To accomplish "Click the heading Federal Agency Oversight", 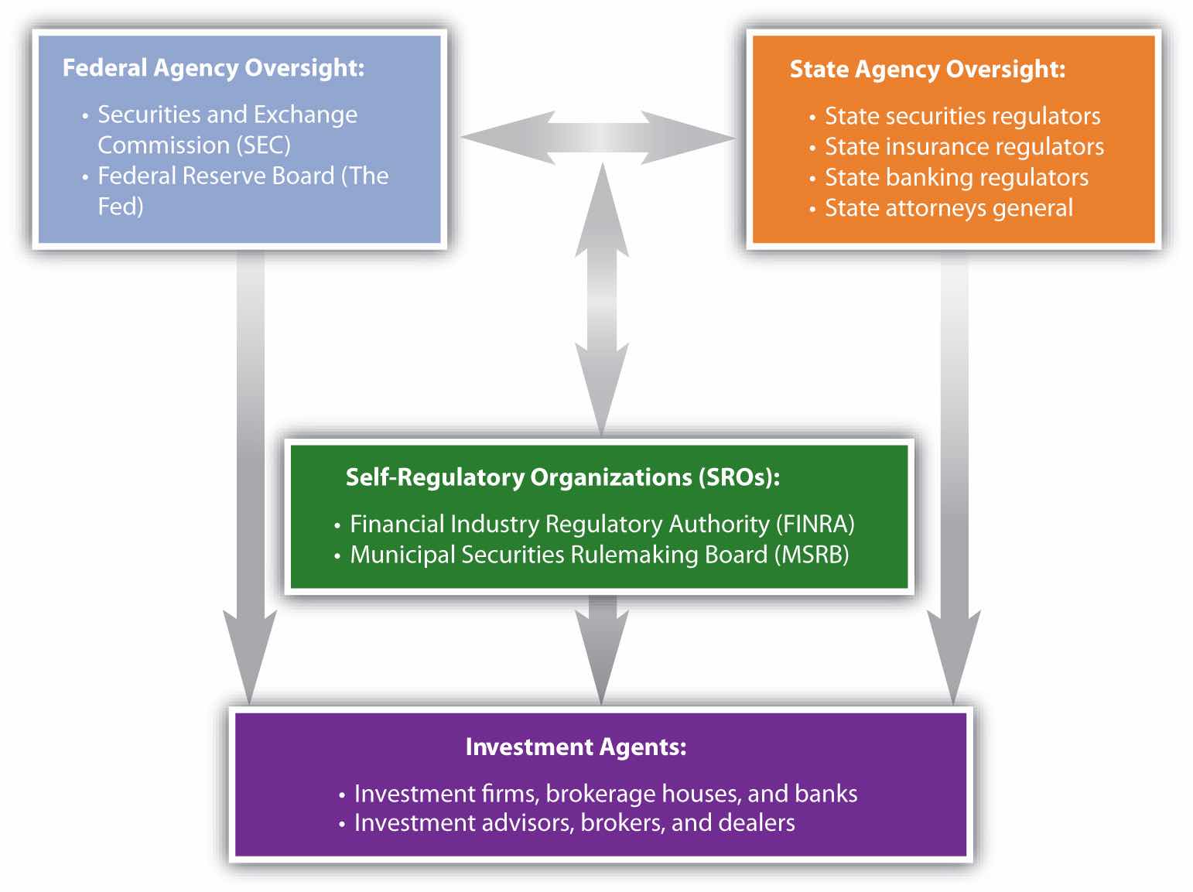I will tap(213, 68).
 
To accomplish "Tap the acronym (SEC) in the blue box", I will tap(264, 145).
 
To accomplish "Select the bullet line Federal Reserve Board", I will tap(243, 176).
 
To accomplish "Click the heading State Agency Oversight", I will tap(927, 70).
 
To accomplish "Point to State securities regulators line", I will tap(962, 116).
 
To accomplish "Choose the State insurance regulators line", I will tap(964, 147).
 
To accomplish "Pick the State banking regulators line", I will tap(956, 178).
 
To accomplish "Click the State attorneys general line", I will tap(949, 209).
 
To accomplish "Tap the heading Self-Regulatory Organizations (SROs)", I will tap(562, 477).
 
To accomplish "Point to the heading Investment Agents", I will tap(576, 747).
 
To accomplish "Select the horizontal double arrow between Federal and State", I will tap(598, 138).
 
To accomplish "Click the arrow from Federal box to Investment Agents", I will tap(250, 480).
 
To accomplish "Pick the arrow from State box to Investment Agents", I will tap(954, 480).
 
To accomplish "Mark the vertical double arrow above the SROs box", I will tap(602, 302).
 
